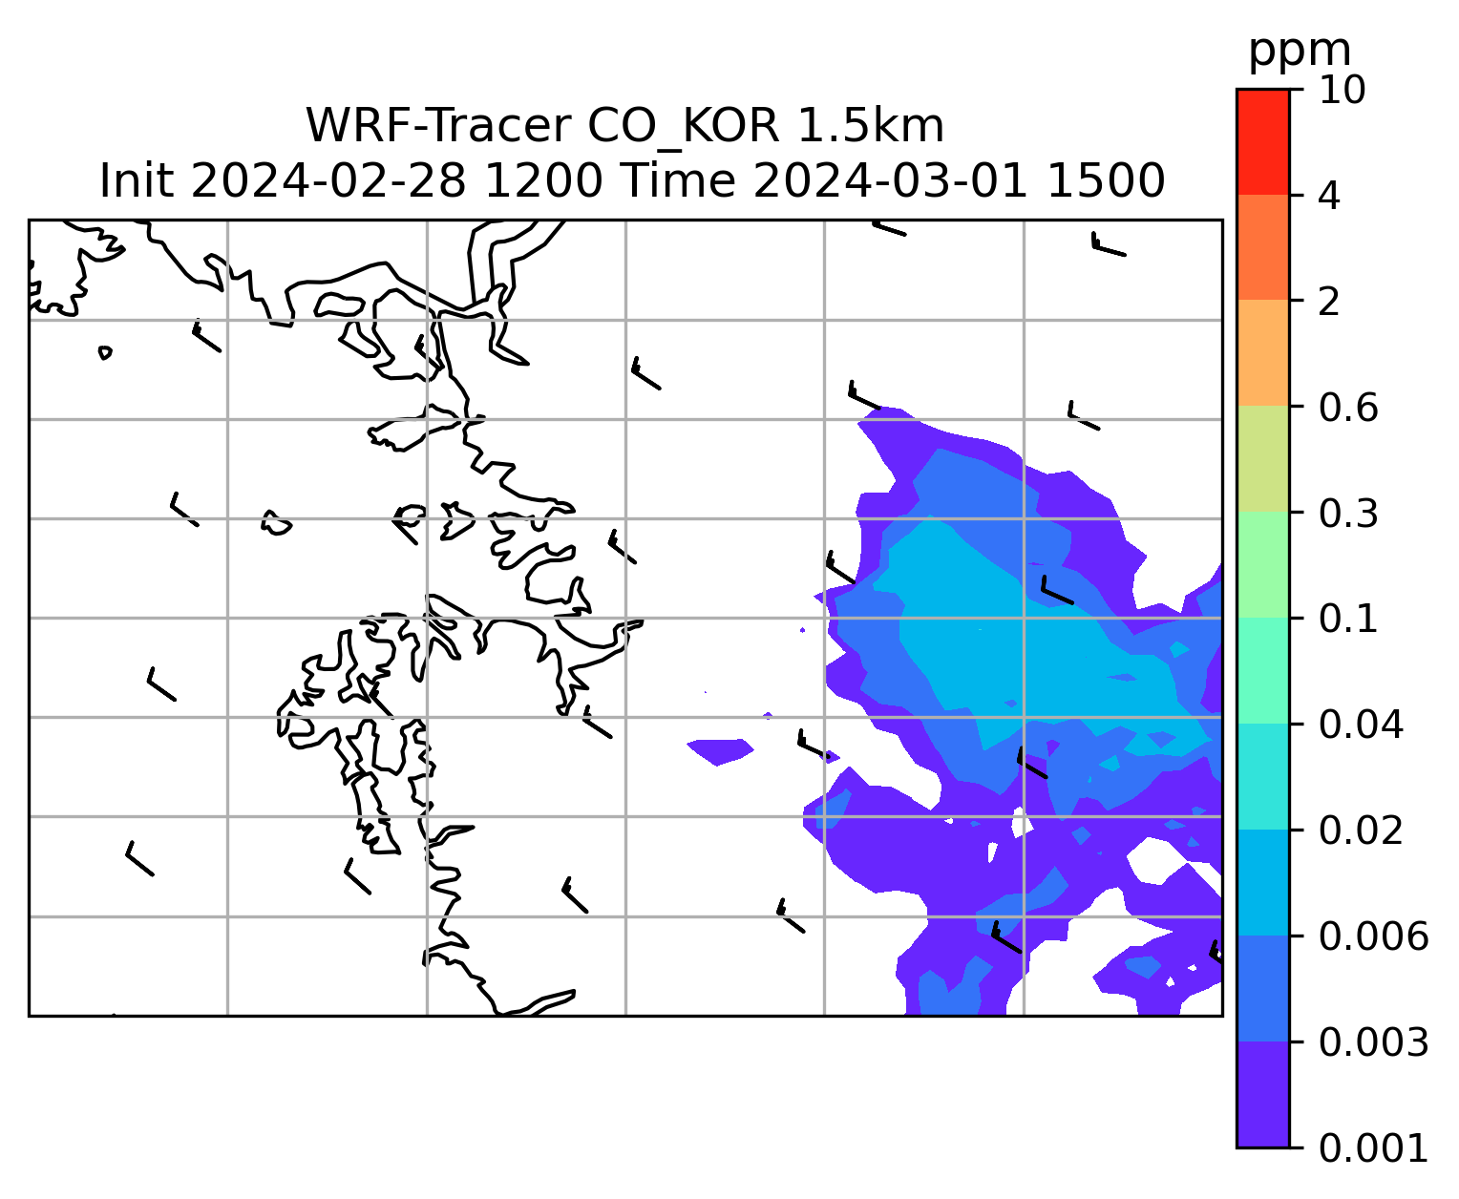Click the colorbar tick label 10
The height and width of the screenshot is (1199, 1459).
tap(1342, 91)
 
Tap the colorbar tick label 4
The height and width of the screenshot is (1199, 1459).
tap(1329, 197)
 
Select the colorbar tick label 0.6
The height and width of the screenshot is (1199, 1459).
tap(1347, 408)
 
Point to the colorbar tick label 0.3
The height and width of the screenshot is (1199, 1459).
tap(1347, 514)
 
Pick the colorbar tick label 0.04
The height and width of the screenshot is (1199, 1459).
tap(1360, 726)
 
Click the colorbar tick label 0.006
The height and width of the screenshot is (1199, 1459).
tap(1373, 936)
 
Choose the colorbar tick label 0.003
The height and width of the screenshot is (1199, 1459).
tap(1373, 1042)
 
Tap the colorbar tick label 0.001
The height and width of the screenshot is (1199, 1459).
tap(1373, 1149)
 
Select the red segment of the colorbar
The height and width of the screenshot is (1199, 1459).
tap(1262, 142)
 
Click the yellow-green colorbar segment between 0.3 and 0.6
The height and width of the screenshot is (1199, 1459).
tap(1262, 459)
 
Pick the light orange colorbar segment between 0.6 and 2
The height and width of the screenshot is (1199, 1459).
tap(1262, 353)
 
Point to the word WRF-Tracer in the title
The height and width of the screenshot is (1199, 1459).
tap(438, 126)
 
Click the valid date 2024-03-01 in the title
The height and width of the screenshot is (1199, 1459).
tap(890, 181)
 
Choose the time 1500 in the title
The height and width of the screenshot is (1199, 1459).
tap(1106, 181)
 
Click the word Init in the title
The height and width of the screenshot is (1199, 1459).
tap(137, 181)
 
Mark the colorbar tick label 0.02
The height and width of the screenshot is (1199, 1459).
tap(1360, 831)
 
